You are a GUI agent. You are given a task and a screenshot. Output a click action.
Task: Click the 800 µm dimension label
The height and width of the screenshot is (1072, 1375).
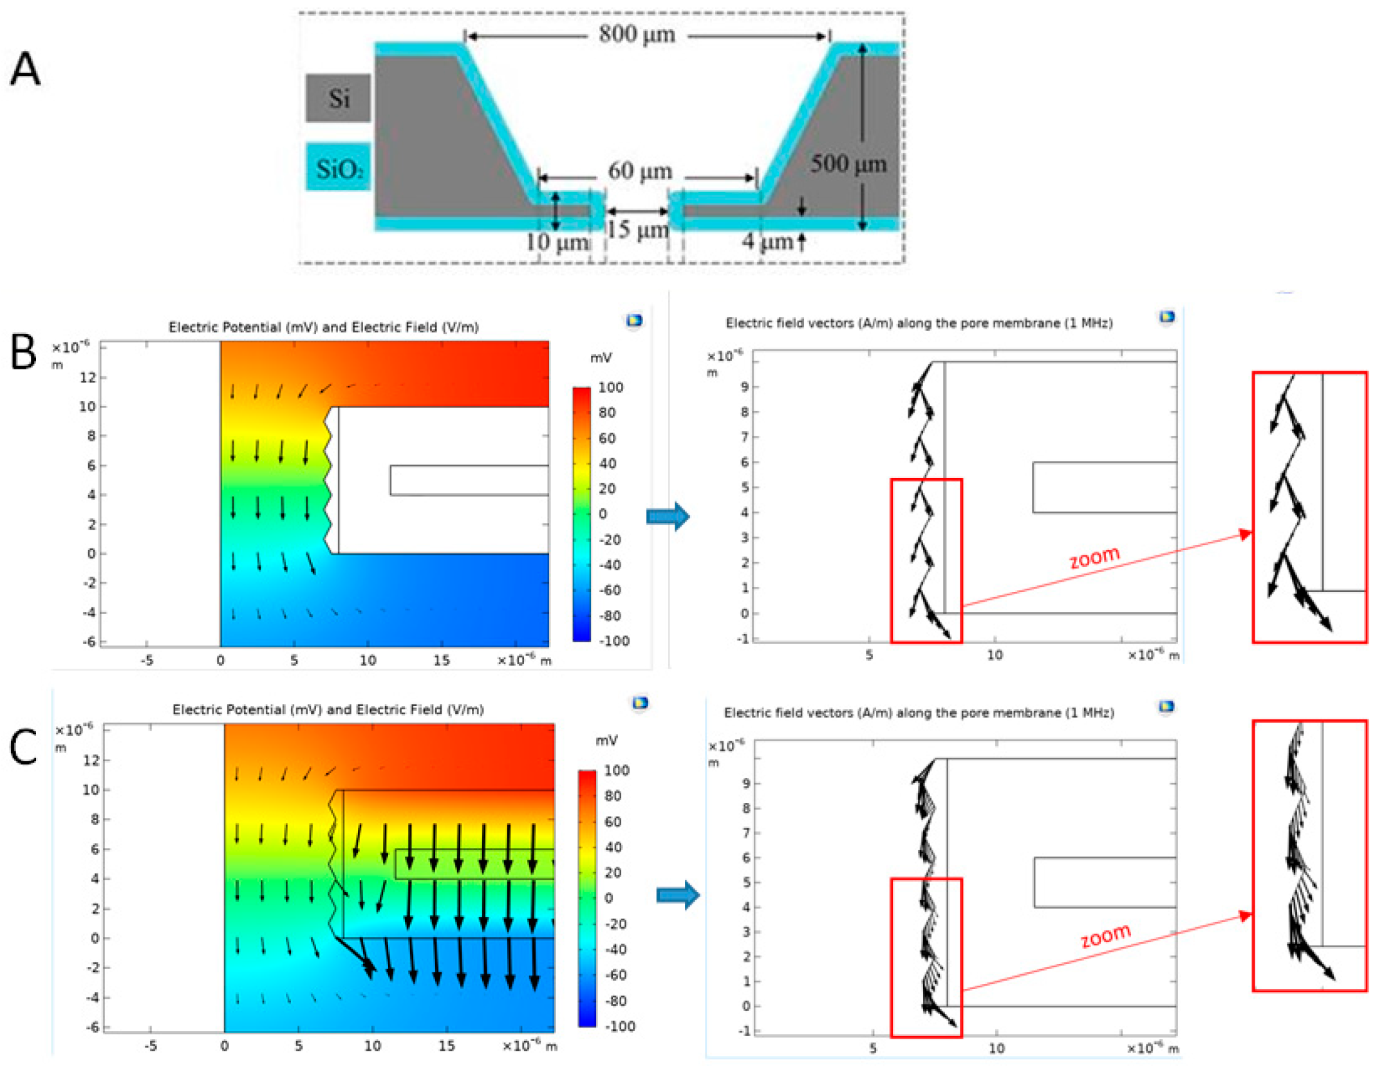637,33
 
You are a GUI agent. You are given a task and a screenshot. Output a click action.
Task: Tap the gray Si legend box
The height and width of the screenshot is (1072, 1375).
338,98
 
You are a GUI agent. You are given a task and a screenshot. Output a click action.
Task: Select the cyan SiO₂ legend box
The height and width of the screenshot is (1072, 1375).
339,168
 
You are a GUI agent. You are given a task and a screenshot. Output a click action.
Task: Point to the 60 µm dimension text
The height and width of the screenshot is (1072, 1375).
640,171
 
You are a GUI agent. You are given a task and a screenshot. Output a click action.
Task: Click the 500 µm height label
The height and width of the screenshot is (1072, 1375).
848,163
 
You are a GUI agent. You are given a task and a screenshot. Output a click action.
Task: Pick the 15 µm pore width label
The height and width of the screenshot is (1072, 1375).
637,230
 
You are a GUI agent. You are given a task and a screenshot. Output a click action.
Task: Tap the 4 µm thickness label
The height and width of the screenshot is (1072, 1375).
767,241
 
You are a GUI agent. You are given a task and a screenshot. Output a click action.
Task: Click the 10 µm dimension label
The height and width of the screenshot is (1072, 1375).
557,243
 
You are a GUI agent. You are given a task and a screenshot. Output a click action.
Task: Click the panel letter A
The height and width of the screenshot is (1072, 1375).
26,69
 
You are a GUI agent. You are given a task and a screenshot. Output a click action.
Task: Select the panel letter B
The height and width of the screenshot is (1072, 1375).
24,352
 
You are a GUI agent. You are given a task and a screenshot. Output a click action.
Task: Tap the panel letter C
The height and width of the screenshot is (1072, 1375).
24,748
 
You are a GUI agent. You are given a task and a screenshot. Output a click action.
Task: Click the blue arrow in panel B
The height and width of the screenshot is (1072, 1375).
668,516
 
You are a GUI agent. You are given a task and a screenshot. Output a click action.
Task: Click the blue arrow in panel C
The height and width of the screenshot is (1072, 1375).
678,895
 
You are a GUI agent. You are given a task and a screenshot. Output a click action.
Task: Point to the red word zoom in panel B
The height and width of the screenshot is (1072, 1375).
1094,557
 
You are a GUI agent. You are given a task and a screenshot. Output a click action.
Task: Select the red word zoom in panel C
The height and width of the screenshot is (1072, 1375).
1105,935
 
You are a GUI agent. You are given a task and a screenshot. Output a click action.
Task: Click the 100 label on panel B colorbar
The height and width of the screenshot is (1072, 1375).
610,387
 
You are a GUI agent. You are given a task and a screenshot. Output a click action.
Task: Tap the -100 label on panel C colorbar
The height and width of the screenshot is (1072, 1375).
619,1026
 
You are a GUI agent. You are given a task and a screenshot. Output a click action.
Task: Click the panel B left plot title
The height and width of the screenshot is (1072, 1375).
323,327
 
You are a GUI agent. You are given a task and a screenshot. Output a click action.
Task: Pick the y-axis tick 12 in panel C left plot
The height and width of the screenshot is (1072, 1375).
91,760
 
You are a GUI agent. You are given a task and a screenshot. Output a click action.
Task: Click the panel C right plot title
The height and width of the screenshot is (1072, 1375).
919,712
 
